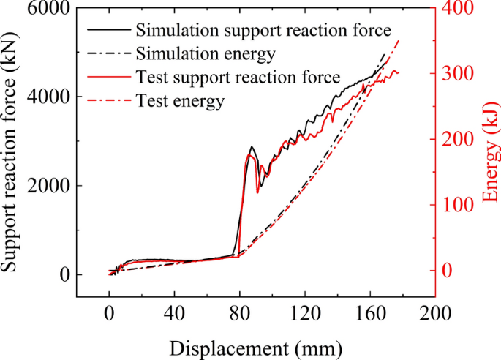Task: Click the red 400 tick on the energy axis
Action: click(459, 8)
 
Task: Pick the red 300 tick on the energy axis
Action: click(459, 74)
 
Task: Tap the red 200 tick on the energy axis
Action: click(459, 139)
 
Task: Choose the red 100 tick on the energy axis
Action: click(459, 205)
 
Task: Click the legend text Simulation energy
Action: click(205, 53)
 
